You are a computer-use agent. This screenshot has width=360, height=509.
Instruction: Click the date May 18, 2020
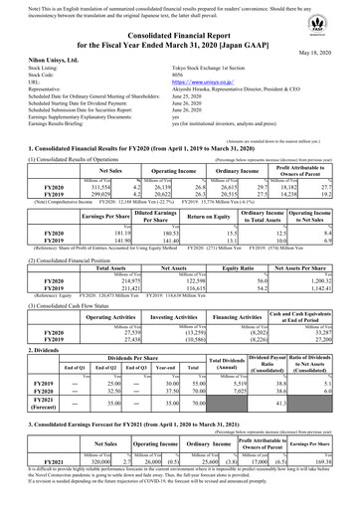pyautogui.click(x=330, y=55)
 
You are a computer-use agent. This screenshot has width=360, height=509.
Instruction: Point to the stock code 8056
pyautogui.click(x=180, y=80)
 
